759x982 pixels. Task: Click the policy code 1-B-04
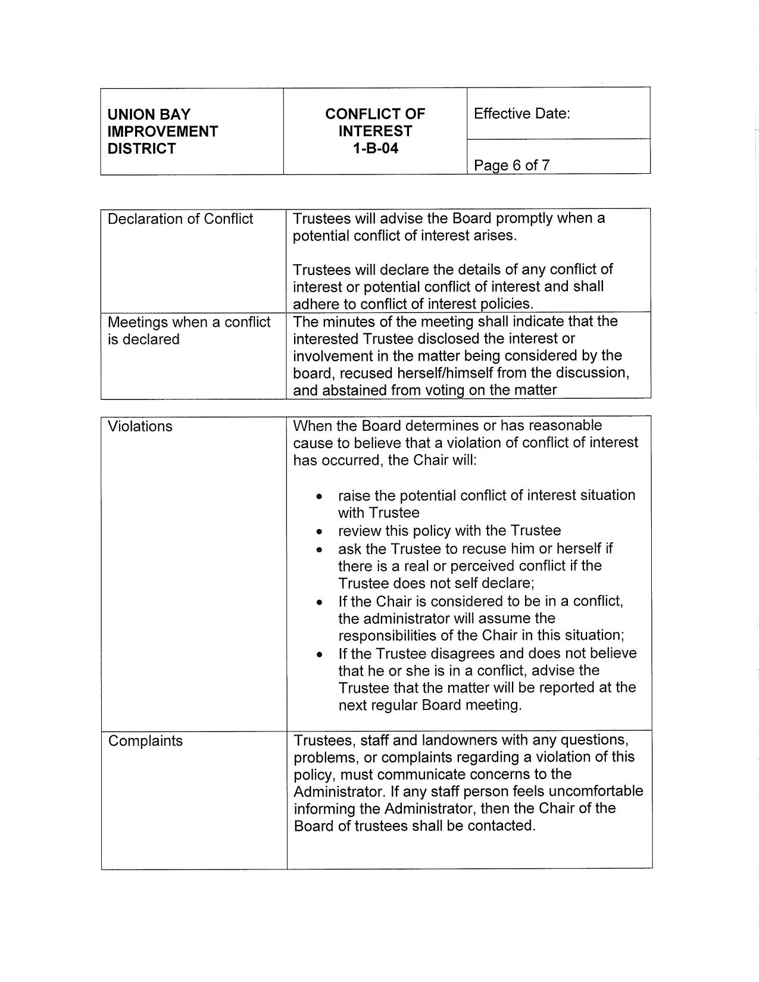pyautogui.click(x=374, y=149)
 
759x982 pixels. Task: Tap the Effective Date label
pyautogui.click(x=521, y=114)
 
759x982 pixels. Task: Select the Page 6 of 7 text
pyautogui.click(x=511, y=165)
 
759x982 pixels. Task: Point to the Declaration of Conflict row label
pyautogui.click(x=180, y=219)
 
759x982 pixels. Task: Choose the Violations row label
pyautogui.click(x=140, y=426)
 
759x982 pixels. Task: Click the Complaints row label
pyautogui.click(x=145, y=741)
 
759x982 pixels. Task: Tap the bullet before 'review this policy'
pyautogui.click(x=320, y=531)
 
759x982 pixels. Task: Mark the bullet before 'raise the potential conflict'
pyautogui.click(x=320, y=496)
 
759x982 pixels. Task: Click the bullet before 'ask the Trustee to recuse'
pyautogui.click(x=320, y=549)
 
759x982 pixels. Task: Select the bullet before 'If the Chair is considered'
pyautogui.click(x=320, y=602)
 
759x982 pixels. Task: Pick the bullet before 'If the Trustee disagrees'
pyautogui.click(x=320, y=655)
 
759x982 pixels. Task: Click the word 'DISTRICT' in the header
pyautogui.click(x=142, y=149)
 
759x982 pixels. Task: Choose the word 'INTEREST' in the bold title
pyautogui.click(x=374, y=131)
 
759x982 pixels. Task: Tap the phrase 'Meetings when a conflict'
pyautogui.click(x=189, y=322)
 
